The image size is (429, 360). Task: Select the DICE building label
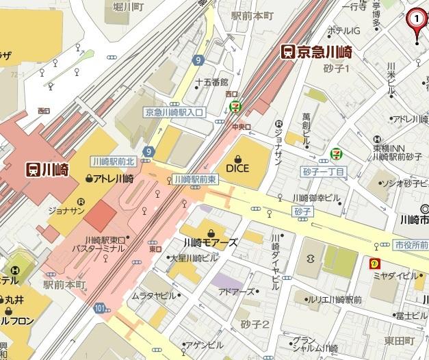coord(237,166)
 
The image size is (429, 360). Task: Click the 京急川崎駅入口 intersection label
coord(174,112)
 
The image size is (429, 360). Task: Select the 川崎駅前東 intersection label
coord(195,179)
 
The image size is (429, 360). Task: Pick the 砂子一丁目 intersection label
coord(324,171)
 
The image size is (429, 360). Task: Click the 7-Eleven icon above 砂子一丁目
coord(336,154)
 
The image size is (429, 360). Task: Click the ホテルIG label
coord(343,31)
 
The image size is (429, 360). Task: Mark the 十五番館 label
coord(211,81)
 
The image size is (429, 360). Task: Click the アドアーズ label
coord(236,292)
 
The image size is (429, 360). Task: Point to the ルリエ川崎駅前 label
coord(333,300)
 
